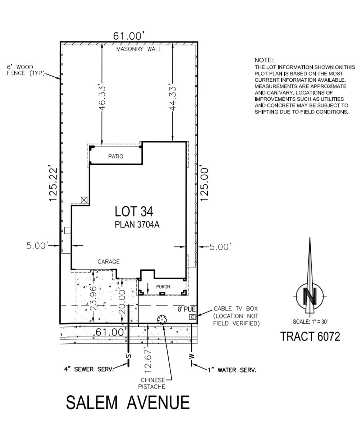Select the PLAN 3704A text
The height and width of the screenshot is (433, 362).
pos(137,225)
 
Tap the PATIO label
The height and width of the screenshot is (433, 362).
pos(115,157)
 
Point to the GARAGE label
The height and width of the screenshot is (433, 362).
pos(109,262)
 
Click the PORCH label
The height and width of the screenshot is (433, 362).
pos(163,287)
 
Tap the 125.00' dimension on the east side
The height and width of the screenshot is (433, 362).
pos(204,184)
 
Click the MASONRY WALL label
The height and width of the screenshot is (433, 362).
pos(139,49)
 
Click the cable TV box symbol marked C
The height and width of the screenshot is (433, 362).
pos(193,317)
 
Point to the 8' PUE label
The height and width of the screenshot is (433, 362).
pos(187,309)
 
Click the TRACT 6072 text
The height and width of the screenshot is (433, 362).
pos(310,337)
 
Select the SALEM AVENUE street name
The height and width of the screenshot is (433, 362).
pos(128,402)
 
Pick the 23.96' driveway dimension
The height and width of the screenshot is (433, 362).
pos(93,298)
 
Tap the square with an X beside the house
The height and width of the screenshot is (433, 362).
pos(84,200)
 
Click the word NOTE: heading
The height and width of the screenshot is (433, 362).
pos(264,60)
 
